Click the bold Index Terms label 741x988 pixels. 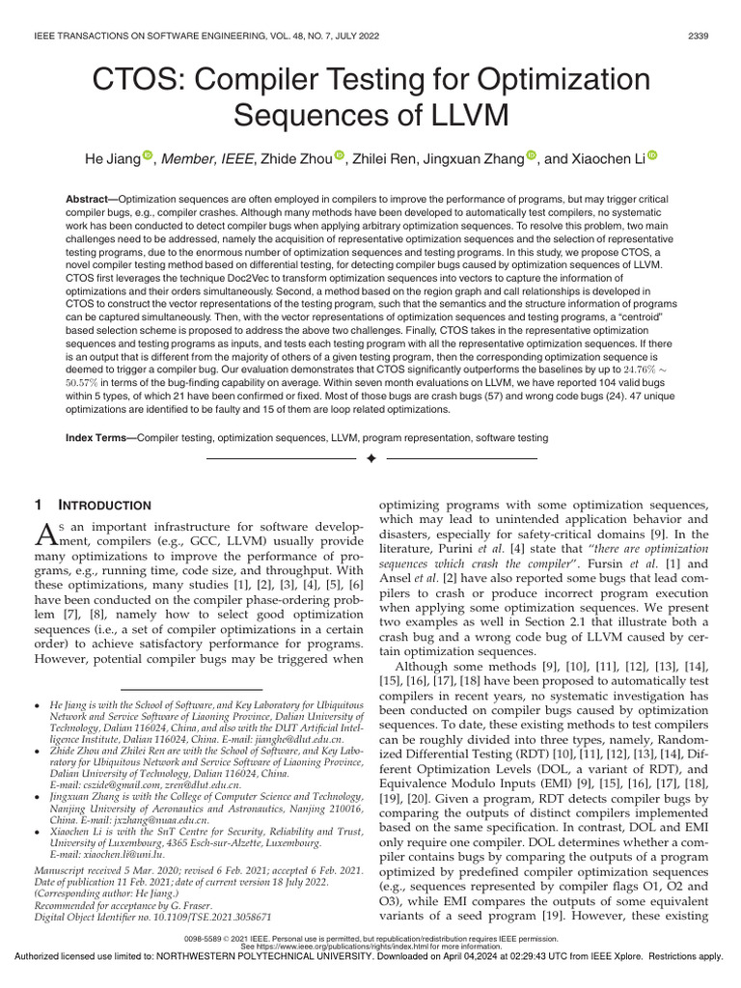click(99, 438)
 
